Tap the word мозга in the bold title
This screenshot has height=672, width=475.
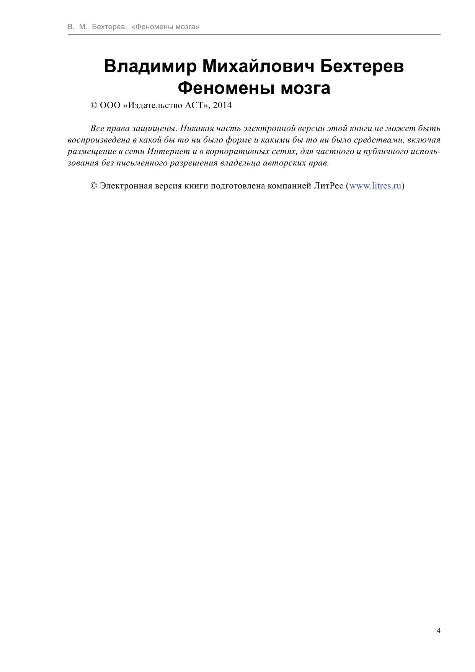point(305,89)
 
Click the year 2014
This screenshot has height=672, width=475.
point(222,105)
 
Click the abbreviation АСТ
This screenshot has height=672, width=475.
point(195,105)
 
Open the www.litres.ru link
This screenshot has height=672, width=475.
point(375,186)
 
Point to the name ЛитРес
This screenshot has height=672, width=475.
point(328,186)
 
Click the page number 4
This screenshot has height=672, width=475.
point(439,631)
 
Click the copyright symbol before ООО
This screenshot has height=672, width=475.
point(94,105)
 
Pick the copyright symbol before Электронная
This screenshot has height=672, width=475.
point(94,186)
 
